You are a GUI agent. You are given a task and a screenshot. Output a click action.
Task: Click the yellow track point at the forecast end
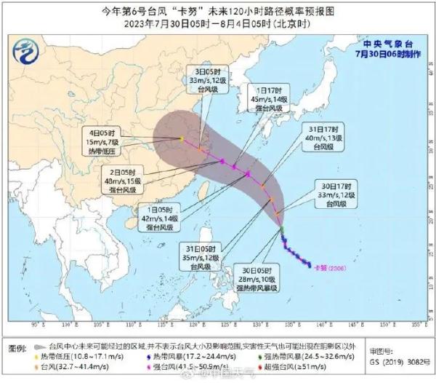point(182,138)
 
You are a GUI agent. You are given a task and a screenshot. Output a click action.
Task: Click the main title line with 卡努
point(217,10)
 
